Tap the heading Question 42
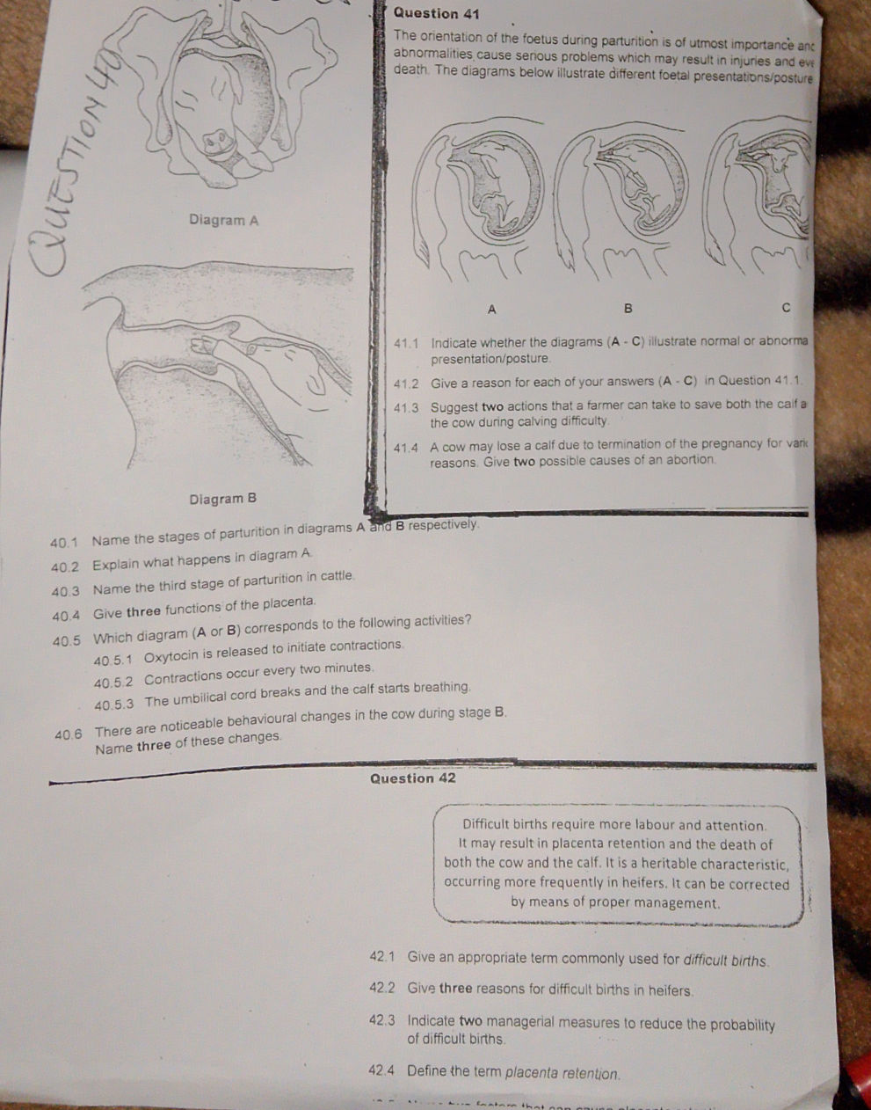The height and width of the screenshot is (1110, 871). coord(413,778)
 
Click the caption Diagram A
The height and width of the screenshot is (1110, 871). coord(223,220)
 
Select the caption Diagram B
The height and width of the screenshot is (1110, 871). coord(222,499)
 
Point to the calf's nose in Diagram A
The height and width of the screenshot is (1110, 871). coord(216,140)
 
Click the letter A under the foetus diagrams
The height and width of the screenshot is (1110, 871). coord(491,309)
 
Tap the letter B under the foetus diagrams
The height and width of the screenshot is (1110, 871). coord(628,309)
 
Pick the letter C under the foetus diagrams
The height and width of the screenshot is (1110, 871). coord(786,308)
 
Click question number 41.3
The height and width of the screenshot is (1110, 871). coord(406,407)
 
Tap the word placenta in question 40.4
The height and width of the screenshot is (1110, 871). coord(288,602)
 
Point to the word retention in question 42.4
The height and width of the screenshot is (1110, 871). coord(590,1074)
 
